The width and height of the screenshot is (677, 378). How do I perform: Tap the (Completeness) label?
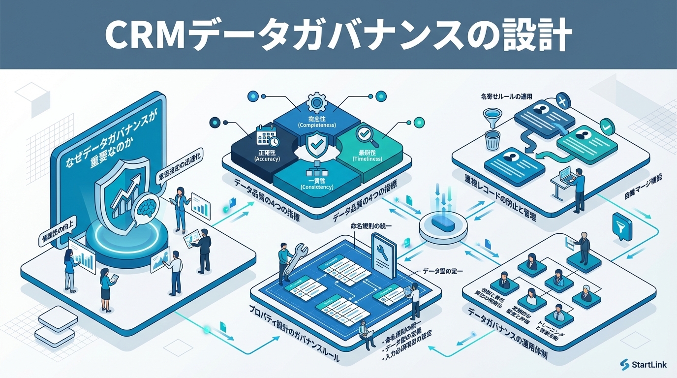coord(317,125)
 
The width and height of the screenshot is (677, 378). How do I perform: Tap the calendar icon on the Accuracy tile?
coord(267,136)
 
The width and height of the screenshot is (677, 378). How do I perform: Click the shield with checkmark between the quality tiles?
coord(315,146)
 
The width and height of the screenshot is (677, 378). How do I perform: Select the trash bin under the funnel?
coord(492,140)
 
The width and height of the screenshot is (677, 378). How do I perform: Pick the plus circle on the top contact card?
coord(563,102)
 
